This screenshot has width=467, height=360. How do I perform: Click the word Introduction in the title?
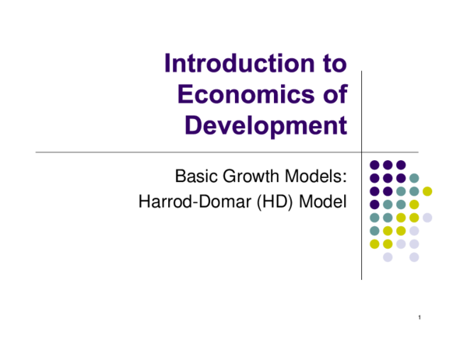(230, 63)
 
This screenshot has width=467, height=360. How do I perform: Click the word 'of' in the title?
(332, 94)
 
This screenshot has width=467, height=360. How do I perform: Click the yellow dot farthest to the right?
(427, 191)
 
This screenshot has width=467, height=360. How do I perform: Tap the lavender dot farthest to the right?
(427, 218)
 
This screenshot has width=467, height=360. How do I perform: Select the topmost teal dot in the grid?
(414, 178)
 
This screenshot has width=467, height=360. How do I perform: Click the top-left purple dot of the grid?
(374, 165)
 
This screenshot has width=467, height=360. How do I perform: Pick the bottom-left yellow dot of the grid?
(374, 244)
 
